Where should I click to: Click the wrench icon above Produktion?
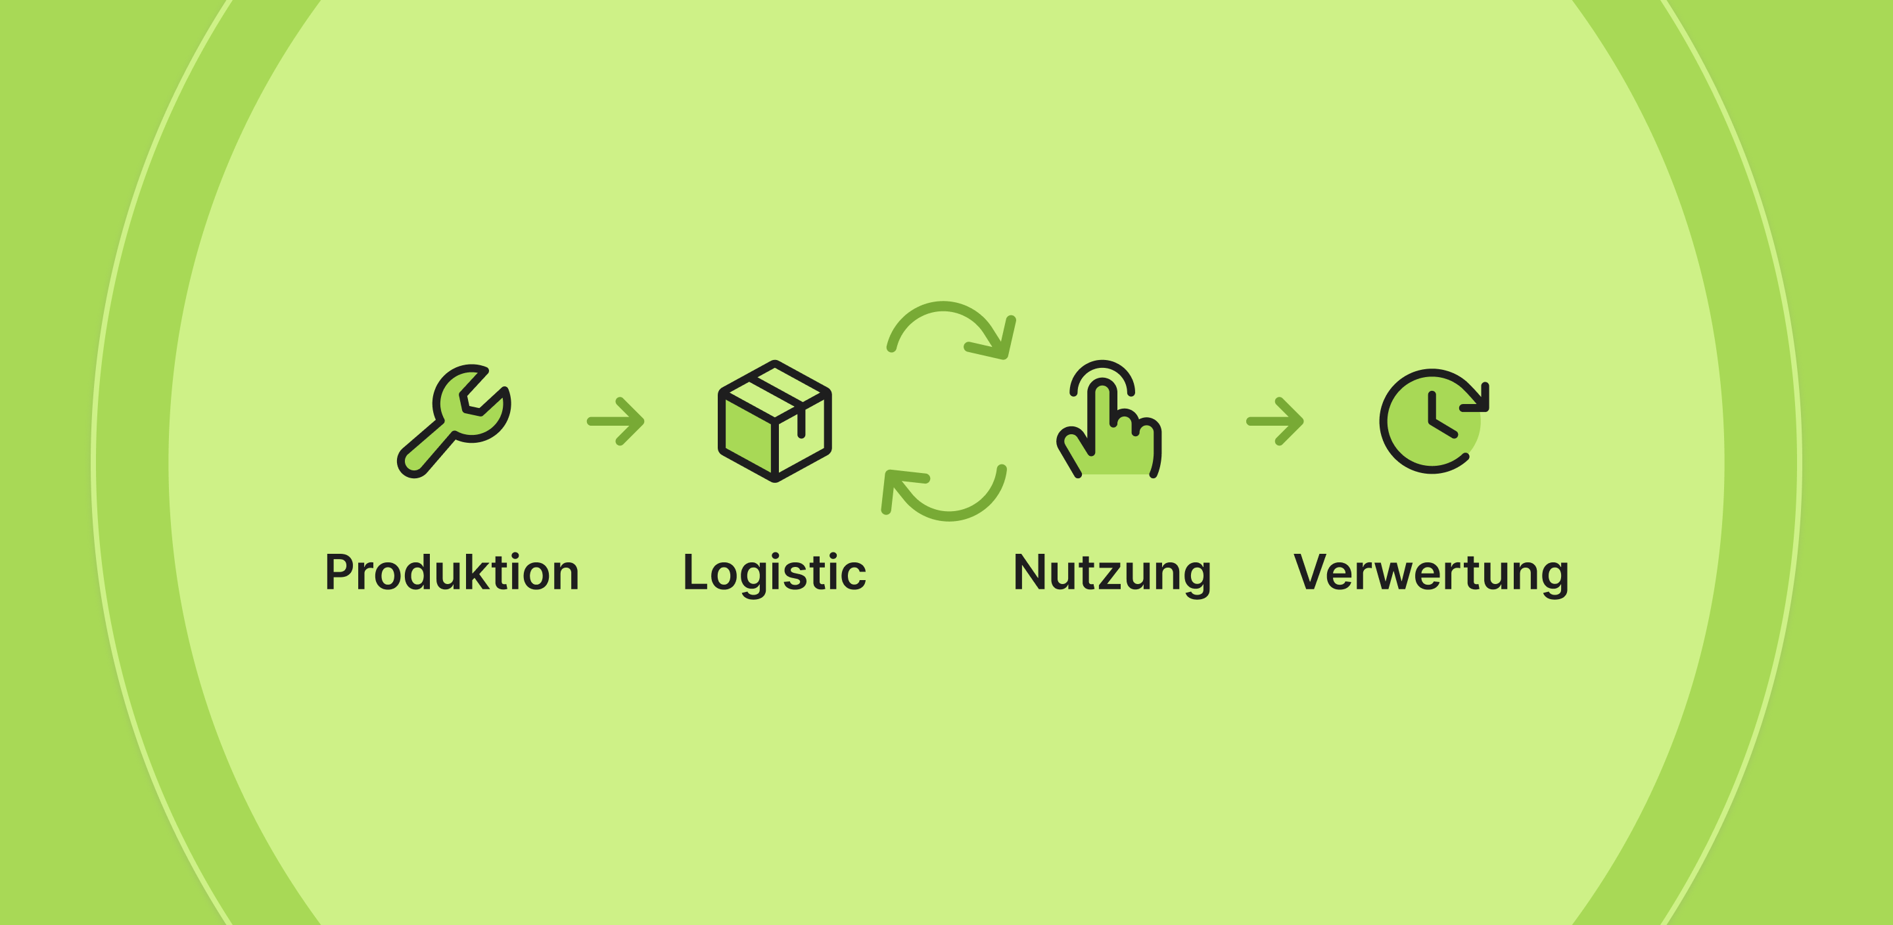pos(454,421)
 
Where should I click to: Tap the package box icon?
pos(774,421)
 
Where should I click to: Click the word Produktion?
pos(452,572)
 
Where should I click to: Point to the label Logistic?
pos(774,572)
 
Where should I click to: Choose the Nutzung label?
pos(1112,572)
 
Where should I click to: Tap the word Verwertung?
pos(1431,572)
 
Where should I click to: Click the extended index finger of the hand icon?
pos(1101,411)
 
